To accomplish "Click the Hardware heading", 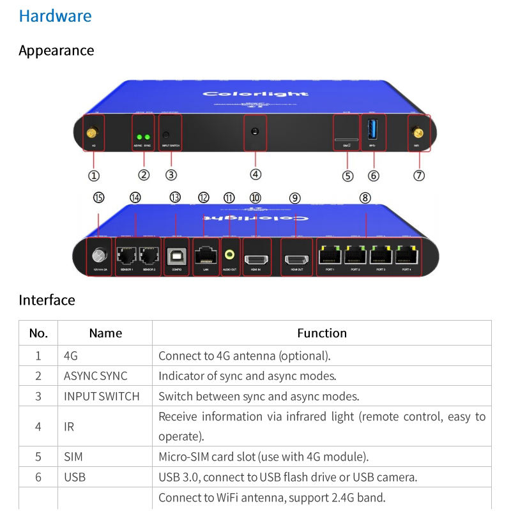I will [x=55, y=16].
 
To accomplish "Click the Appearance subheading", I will [x=56, y=50].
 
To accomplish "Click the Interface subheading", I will [x=47, y=300].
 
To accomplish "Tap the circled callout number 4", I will [x=256, y=174].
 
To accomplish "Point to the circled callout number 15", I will [x=98, y=198].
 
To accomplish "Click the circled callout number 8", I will [x=365, y=198].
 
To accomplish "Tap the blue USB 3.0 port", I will [x=374, y=130].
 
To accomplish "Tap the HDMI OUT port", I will [x=296, y=259].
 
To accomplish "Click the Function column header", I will [x=322, y=333].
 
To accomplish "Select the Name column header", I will [x=105, y=333].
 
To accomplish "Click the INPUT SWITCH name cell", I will [x=102, y=396].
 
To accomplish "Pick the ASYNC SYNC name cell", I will [x=95, y=376].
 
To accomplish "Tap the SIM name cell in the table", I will [x=73, y=457].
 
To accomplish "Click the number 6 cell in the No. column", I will [x=38, y=477].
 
